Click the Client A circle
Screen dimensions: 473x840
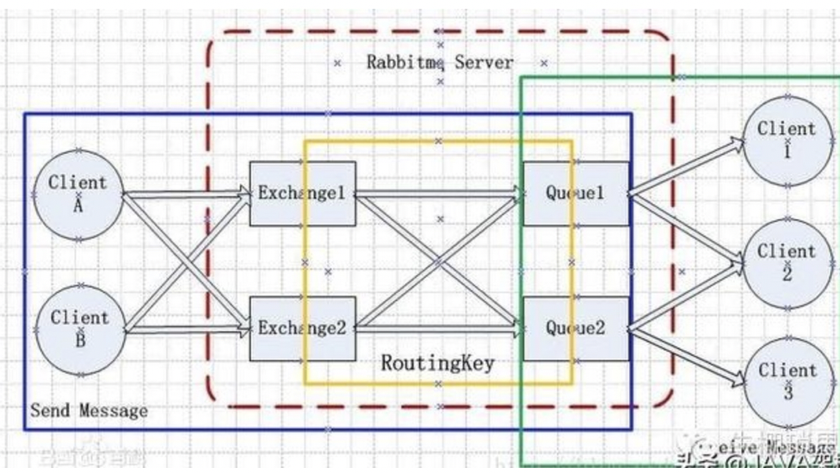coord(77,194)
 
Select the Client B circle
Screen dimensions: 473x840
coord(79,328)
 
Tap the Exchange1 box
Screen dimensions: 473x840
coord(302,194)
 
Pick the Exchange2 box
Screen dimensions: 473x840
coord(302,328)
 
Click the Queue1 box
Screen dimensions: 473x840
coord(576,194)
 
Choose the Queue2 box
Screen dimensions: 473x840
coord(576,328)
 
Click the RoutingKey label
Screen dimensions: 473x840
coord(438,364)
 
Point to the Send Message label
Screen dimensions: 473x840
coord(89,410)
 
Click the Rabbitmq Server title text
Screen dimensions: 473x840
coord(439,63)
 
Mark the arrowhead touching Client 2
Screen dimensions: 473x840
coord(735,264)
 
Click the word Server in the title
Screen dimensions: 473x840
coord(484,63)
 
